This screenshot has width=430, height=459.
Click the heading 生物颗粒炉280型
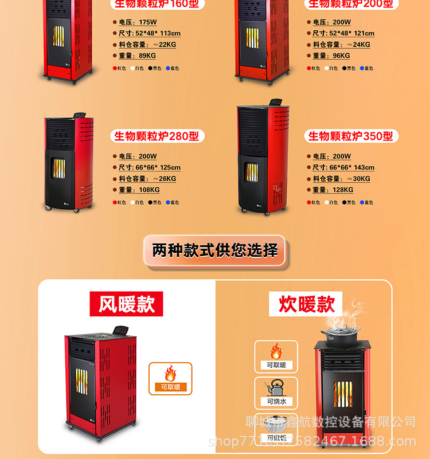(157, 136)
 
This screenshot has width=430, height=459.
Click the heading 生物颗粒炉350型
(351, 136)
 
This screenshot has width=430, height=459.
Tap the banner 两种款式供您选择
(215, 250)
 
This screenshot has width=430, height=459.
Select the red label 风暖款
(126, 304)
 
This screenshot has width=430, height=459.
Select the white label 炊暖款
(306, 304)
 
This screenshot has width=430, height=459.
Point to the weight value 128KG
(343, 190)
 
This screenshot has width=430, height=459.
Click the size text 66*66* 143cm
(351, 167)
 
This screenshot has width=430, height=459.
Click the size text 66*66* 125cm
(158, 167)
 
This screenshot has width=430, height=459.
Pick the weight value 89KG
(147, 56)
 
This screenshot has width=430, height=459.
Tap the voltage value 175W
(148, 22)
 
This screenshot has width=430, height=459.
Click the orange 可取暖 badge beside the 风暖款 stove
(170, 378)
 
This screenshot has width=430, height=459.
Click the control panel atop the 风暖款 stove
(120, 331)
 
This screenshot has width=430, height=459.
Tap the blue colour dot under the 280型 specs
(168, 202)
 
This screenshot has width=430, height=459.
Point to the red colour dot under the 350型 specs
(308, 202)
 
